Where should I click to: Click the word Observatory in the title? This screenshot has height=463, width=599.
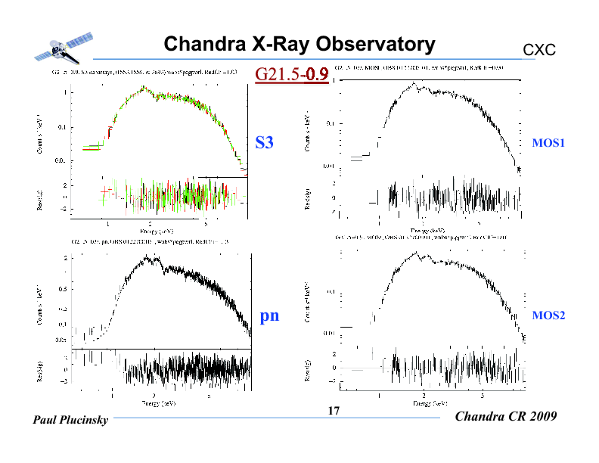377,45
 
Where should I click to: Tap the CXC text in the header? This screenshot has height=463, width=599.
539,50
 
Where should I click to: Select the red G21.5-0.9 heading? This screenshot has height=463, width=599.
291,74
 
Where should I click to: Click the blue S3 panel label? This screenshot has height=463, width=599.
264,142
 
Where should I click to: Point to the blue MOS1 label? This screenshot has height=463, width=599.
549,142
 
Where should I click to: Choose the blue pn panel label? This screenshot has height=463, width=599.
269,315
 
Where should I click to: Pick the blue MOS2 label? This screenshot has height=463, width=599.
549,315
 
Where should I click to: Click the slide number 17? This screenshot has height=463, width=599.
333,412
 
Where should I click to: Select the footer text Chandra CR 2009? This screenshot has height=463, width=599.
507,417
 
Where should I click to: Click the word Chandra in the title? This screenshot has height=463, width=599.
202,45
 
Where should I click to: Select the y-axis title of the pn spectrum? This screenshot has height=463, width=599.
39,309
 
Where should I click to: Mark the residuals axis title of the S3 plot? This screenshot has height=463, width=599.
40,198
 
